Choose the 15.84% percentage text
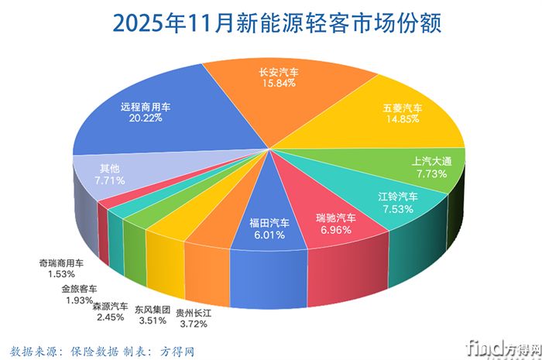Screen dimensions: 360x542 pos(279,84)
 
